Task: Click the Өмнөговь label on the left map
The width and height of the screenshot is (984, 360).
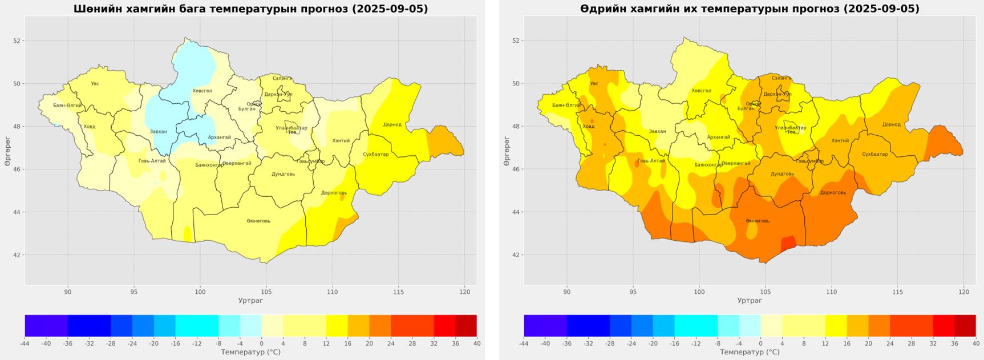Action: tap(258, 221)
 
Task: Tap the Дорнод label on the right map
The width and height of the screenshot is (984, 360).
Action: tap(891, 124)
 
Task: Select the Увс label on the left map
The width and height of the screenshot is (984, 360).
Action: tap(95, 84)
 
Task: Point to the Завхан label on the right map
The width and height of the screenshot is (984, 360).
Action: tap(657, 131)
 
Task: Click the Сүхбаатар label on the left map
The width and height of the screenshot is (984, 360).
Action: tap(375, 155)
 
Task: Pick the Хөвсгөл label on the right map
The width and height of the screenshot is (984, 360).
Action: tap(701, 91)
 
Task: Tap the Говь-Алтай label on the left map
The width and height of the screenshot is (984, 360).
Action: tap(152, 161)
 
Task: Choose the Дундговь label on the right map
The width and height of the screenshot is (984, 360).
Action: tap(782, 174)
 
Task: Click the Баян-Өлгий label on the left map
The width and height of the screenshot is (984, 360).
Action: tap(67, 106)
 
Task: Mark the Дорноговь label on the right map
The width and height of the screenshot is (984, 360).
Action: tap(833, 193)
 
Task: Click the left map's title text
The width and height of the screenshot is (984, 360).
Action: tap(250, 9)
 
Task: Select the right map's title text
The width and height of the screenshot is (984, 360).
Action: tap(750, 9)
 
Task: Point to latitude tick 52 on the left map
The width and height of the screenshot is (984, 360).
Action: tap(17, 41)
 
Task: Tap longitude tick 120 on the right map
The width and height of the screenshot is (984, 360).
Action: tap(963, 292)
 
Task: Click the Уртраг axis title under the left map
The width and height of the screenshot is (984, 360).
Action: tap(250, 301)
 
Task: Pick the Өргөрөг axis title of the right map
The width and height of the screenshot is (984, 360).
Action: tap(507, 151)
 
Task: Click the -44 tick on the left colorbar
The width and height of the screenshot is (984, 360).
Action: tap(25, 343)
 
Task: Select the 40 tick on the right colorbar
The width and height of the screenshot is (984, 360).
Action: tap(975, 343)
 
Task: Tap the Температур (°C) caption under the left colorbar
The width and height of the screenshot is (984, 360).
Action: tap(250, 353)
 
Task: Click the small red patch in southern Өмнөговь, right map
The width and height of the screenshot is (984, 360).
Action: tap(787, 243)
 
